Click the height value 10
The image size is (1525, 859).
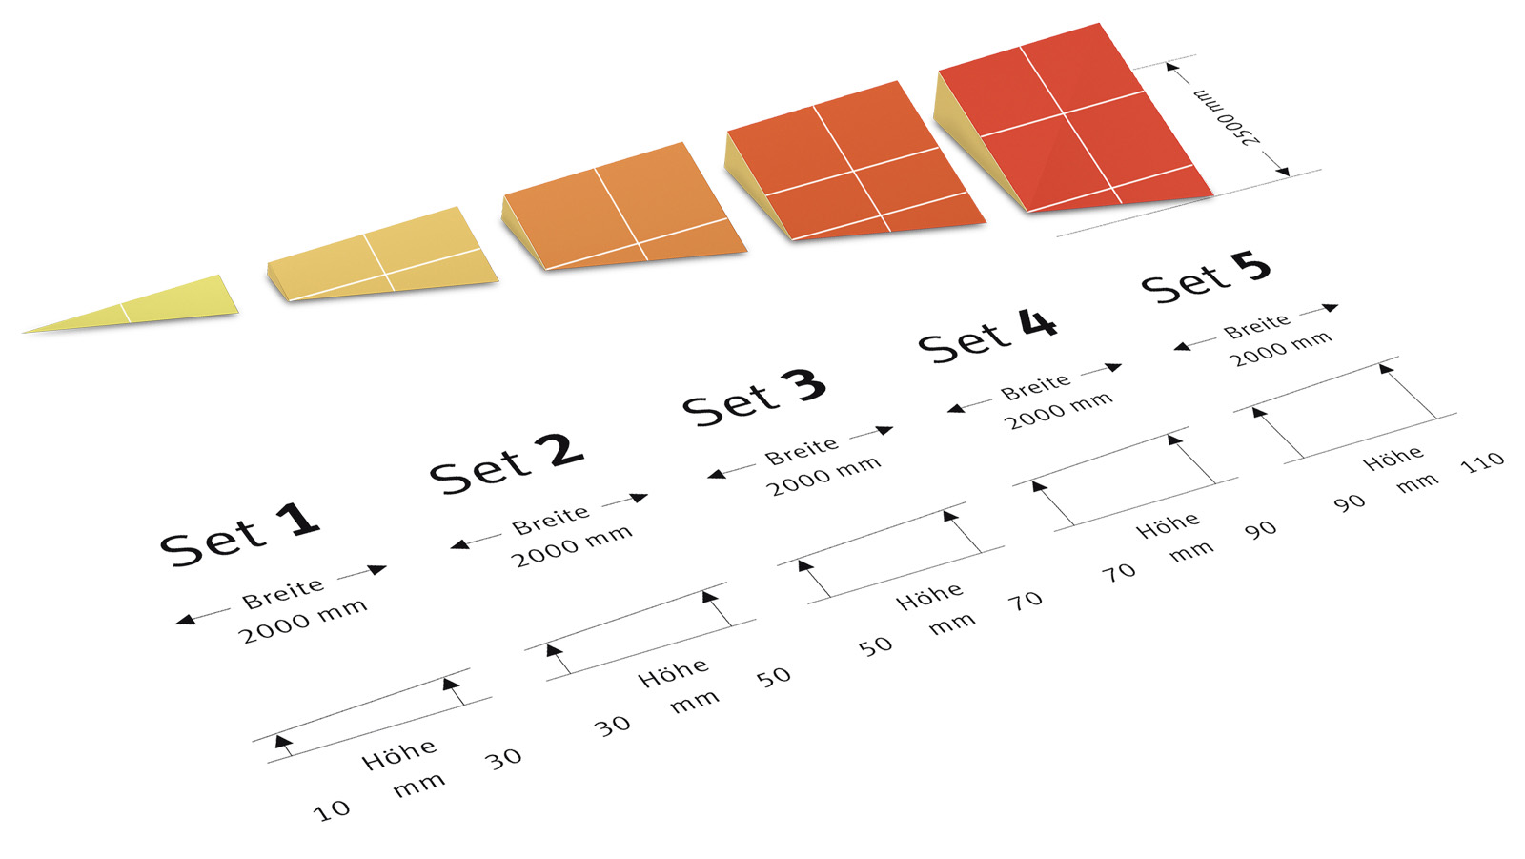pyautogui.click(x=331, y=810)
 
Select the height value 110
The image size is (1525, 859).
pyautogui.click(x=1482, y=462)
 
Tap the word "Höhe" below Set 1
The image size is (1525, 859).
pyautogui.click(x=399, y=754)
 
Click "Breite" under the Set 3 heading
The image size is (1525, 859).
pyautogui.click(x=802, y=451)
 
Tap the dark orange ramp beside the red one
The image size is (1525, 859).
pyautogui.click(x=853, y=162)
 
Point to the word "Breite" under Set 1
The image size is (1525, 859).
pyautogui.click(x=283, y=593)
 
